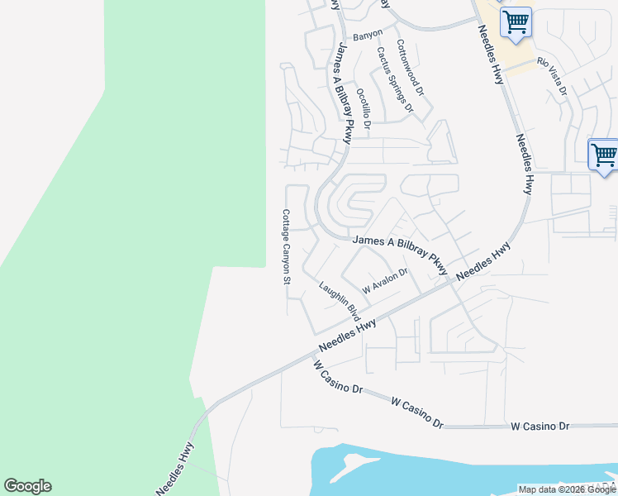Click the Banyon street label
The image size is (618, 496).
(x=368, y=35)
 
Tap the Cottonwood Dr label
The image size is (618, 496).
(x=409, y=67)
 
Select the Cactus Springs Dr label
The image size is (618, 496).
(x=394, y=79)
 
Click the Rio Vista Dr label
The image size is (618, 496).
(x=553, y=75)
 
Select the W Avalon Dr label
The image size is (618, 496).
(x=385, y=281)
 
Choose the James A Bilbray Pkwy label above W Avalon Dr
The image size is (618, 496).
(x=400, y=254)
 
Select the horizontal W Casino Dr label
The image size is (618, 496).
(x=540, y=426)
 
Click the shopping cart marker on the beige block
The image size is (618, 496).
(x=516, y=21)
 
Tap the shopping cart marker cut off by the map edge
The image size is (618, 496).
(x=604, y=155)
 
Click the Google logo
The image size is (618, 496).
(x=27, y=486)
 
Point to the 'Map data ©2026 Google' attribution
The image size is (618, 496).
(x=567, y=489)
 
